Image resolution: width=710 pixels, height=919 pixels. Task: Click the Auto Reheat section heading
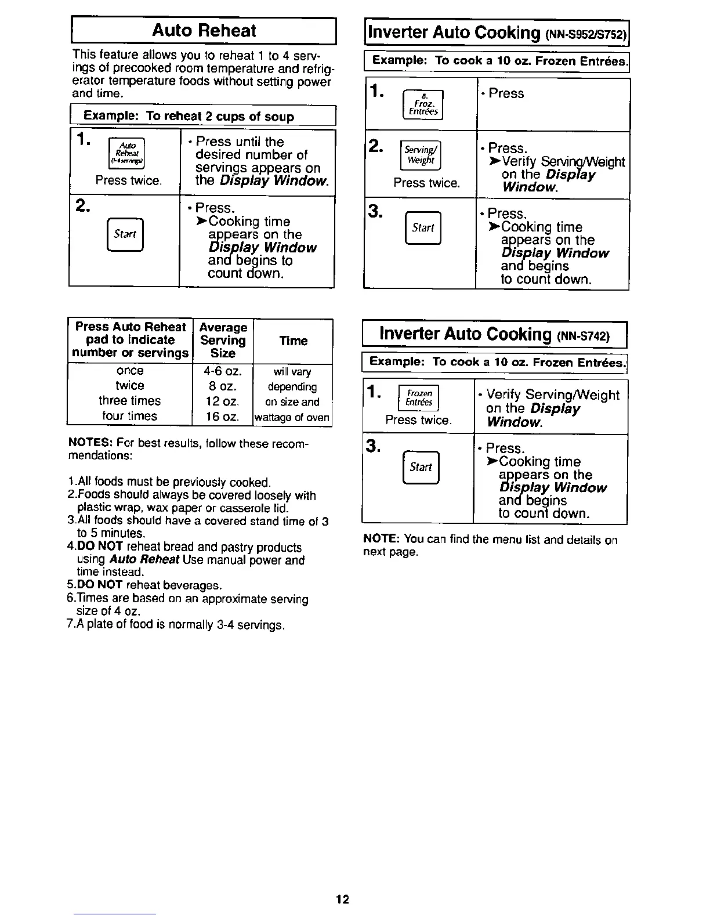point(204,31)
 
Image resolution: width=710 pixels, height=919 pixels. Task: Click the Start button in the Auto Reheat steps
point(125,234)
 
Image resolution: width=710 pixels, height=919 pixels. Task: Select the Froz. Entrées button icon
point(422,105)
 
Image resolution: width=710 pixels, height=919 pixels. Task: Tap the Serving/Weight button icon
point(421,155)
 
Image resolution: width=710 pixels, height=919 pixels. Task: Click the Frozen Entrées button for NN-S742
point(419,398)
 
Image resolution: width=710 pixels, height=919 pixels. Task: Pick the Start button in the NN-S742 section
point(421,467)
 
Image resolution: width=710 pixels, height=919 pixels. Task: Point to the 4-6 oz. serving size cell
point(223,371)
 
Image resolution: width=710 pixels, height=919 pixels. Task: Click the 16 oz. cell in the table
point(223,416)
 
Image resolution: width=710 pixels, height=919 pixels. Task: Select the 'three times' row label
point(129,401)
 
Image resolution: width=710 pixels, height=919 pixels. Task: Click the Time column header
point(294,341)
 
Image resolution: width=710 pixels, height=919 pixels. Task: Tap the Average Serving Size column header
point(223,341)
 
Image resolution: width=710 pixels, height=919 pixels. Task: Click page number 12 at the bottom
point(342,900)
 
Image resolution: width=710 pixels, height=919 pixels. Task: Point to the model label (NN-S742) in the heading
point(584,336)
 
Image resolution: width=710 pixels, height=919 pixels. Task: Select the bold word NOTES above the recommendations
point(86,444)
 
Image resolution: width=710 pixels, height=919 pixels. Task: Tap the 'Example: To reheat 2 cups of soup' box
point(202,116)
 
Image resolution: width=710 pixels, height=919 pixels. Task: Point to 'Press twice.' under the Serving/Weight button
point(426,183)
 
